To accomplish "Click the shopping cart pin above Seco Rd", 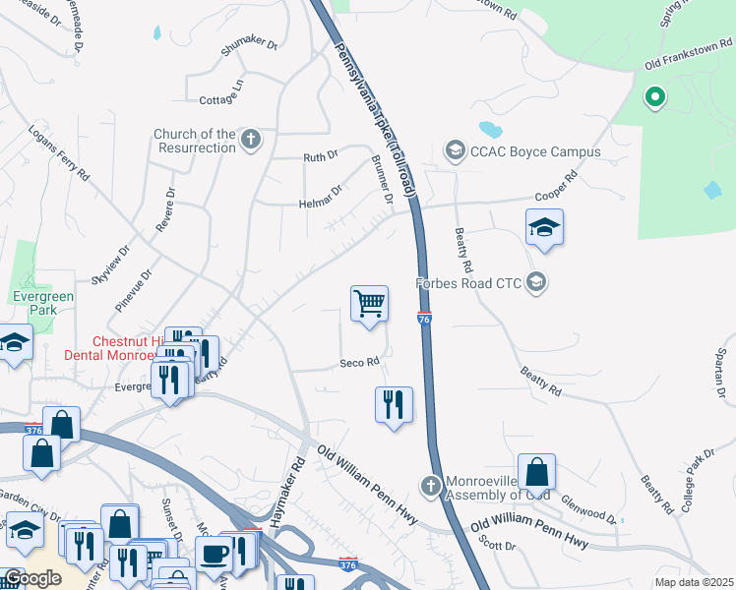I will (369, 305).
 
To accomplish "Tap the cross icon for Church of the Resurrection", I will (251, 140).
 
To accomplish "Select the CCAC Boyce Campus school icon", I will (455, 150).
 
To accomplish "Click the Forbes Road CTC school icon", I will (536, 283).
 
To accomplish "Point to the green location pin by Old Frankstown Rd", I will (654, 96).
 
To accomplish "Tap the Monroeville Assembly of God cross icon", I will (430, 486).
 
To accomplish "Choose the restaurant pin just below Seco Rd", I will (394, 404).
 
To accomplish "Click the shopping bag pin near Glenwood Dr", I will (536, 473).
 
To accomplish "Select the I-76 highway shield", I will (424, 319).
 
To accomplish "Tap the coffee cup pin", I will (215, 554).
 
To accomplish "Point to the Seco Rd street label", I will (359, 362).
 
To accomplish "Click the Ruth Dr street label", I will (320, 156).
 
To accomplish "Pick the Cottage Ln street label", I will (220, 99).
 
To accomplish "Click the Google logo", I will (31, 577).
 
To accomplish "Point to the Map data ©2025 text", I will (694, 582).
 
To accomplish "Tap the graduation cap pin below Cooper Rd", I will (544, 228).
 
